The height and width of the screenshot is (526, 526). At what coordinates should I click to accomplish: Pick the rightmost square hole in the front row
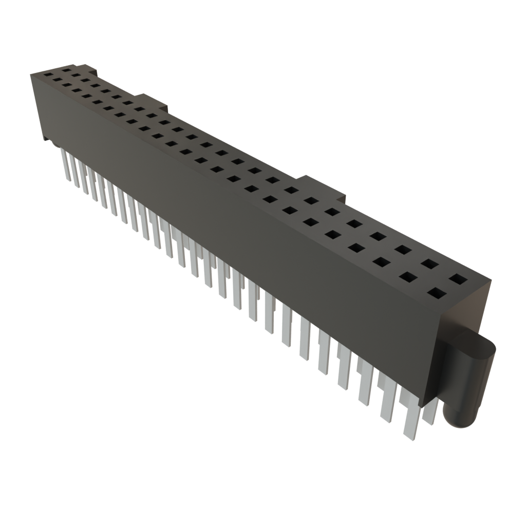tap(437, 294)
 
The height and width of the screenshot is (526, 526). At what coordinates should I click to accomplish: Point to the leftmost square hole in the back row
tap(65, 69)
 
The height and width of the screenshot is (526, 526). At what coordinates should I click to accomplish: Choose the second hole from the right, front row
tap(409, 277)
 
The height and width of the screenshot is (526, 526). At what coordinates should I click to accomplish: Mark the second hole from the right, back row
tap(430, 265)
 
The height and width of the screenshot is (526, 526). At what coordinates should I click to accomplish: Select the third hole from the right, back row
tap(403, 250)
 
